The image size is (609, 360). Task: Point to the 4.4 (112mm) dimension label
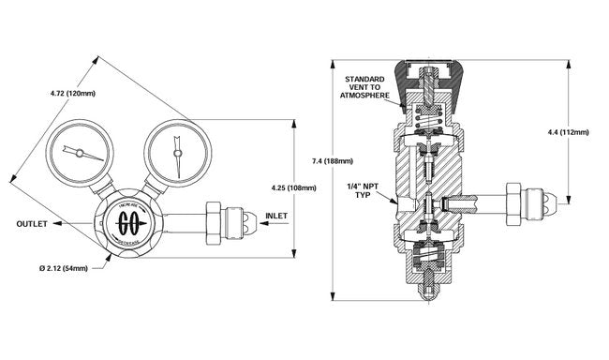[x=568, y=133]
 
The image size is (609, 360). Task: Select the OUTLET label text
[x=32, y=224]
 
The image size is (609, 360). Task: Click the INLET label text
[x=276, y=216]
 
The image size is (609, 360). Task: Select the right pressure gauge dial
[x=174, y=149]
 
